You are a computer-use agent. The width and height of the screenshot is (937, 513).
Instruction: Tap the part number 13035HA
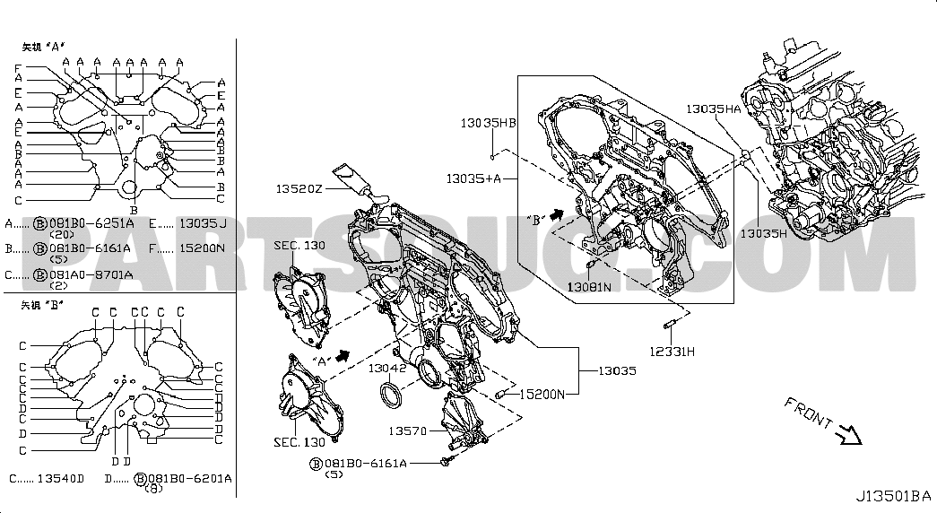tap(714, 109)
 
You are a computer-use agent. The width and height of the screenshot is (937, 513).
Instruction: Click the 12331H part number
tap(674, 352)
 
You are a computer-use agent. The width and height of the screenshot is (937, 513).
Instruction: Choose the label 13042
tap(389, 368)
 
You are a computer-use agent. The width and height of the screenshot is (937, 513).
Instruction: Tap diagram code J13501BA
tap(892, 496)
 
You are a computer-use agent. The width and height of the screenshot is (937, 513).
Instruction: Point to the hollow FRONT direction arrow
tap(846, 436)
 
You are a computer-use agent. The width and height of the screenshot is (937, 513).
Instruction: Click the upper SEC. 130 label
tap(300, 246)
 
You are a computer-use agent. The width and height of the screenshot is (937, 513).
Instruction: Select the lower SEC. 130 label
tap(299, 442)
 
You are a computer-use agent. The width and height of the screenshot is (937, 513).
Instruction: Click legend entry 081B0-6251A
tap(91, 223)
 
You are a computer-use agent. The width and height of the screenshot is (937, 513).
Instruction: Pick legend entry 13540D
tap(58, 479)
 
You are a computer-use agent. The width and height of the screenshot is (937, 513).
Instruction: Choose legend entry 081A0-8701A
tap(91, 274)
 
